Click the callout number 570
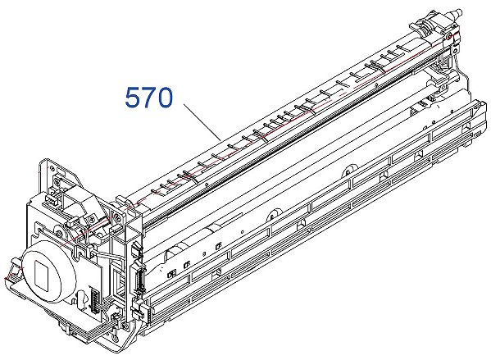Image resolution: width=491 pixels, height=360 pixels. pyautogui.click(x=148, y=98)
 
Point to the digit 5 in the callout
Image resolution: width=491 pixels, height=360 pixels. pyautogui.click(x=133, y=98)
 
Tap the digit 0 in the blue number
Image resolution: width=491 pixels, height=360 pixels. pyautogui.click(x=165, y=98)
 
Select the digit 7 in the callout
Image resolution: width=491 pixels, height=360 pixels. pyautogui.click(x=148, y=98)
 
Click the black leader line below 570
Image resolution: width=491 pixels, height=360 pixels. pyautogui.click(x=202, y=121)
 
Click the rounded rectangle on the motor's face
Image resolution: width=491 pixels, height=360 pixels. pyautogui.click(x=42, y=273)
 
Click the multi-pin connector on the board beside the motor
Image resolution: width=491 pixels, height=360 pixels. pyautogui.click(x=94, y=300)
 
